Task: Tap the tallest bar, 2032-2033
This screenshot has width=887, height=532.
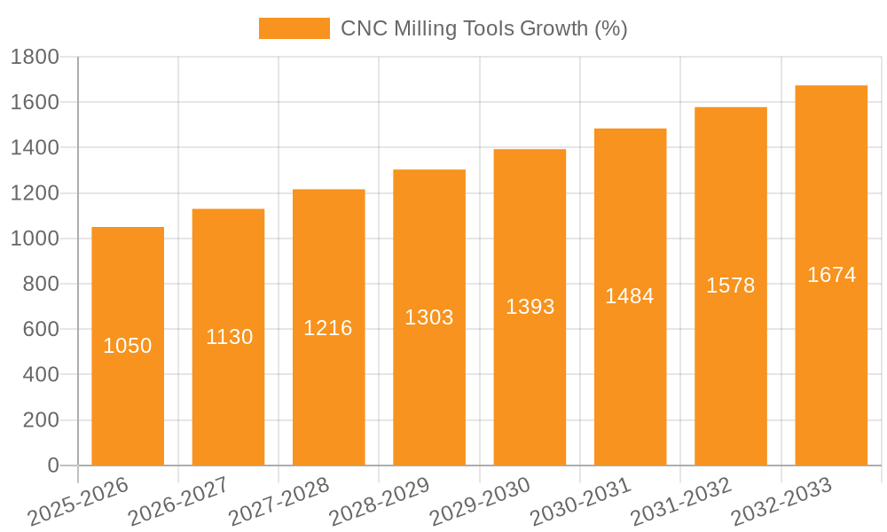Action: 831,355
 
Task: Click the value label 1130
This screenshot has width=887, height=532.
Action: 230,337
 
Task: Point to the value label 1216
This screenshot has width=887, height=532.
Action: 328,328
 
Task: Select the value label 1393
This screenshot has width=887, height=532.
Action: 530,307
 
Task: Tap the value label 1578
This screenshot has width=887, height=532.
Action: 731,286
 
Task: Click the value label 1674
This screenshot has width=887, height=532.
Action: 831,275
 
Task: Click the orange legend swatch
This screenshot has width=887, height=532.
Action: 294,28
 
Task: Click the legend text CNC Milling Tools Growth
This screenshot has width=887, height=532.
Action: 484,28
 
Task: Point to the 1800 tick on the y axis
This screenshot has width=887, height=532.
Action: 35,58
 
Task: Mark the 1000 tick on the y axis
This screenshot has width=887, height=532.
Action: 35,239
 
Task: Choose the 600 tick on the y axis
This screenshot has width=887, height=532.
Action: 41,329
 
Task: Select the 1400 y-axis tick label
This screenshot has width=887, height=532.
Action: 35,148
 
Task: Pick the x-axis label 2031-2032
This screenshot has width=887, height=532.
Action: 681,502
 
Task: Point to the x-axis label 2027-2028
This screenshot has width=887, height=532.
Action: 279,502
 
